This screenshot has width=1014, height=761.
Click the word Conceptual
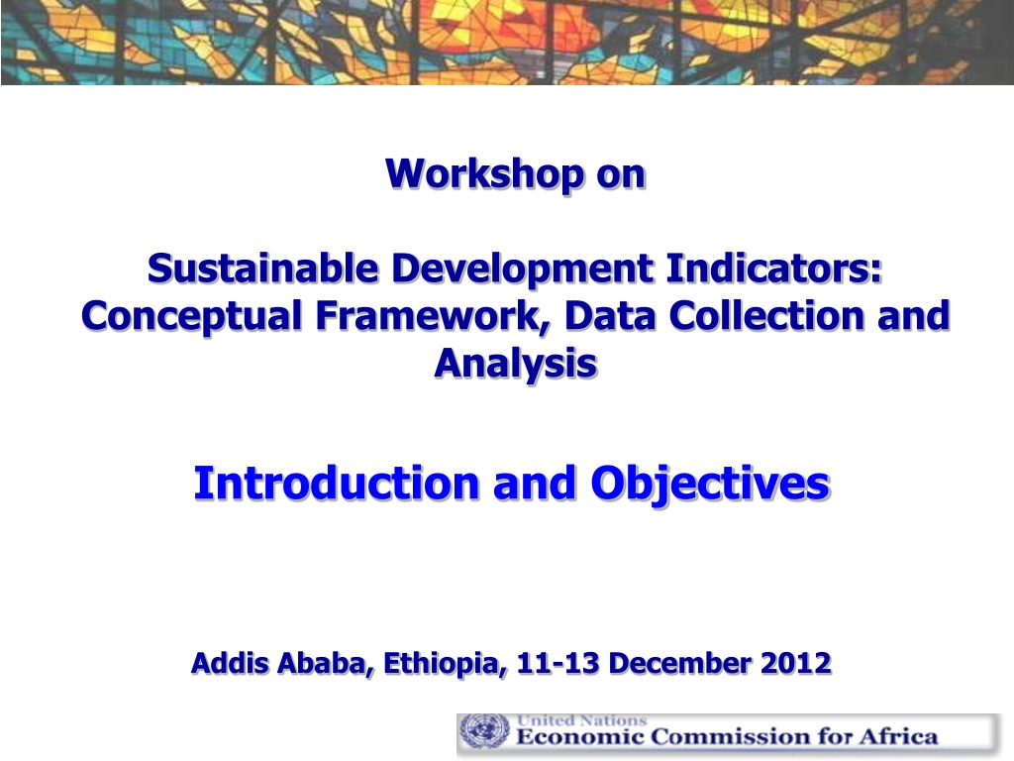coord(192,316)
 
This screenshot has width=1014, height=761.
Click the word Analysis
coord(515,364)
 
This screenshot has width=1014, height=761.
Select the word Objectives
coord(710,484)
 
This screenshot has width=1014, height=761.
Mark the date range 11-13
coord(558,663)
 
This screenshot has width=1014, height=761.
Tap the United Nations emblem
coord(484,731)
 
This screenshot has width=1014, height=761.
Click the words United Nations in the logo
coord(581,720)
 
